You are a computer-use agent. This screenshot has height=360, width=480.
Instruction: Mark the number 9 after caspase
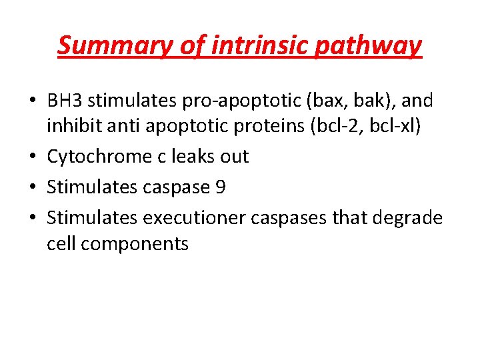tap(221, 187)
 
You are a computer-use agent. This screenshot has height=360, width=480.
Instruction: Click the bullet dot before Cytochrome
tap(33, 157)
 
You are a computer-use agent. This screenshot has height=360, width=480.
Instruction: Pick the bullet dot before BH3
tap(33, 101)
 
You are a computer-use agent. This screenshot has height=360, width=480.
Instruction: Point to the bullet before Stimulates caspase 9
tap(33, 187)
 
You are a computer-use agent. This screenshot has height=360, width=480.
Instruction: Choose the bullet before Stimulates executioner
tap(33, 218)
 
